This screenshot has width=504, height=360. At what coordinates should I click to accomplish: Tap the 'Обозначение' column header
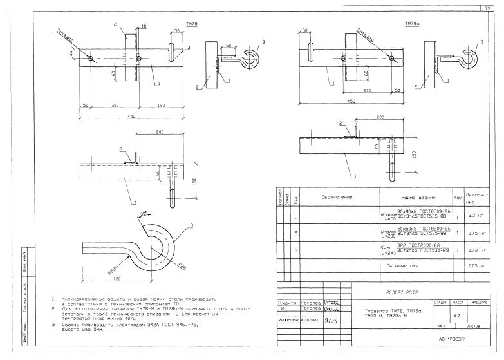[335, 197]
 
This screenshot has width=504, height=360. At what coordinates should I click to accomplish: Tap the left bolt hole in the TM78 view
[91, 59]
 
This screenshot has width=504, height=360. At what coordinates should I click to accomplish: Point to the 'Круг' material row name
[386, 248]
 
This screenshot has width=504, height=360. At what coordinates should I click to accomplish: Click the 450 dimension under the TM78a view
[333, 102]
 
